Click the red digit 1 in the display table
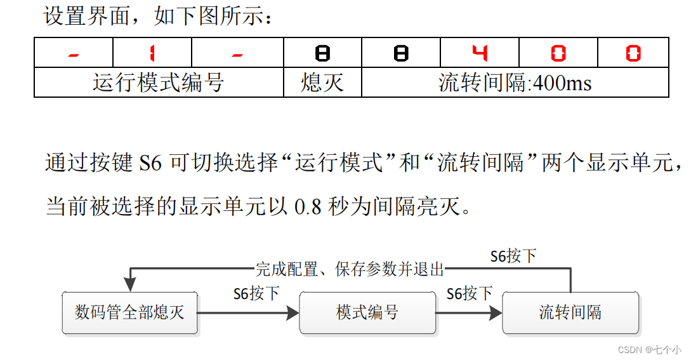152,53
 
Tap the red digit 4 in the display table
480,53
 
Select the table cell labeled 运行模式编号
159,83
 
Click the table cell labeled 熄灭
322,83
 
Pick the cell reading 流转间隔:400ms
515,83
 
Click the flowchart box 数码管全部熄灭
129,312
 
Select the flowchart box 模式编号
367,312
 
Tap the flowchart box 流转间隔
570,312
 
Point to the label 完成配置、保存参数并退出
350,269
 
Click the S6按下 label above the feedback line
513,256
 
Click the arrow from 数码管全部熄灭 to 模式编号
247,312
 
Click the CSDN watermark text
648,349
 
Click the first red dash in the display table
74,55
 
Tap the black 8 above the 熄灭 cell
322,53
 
